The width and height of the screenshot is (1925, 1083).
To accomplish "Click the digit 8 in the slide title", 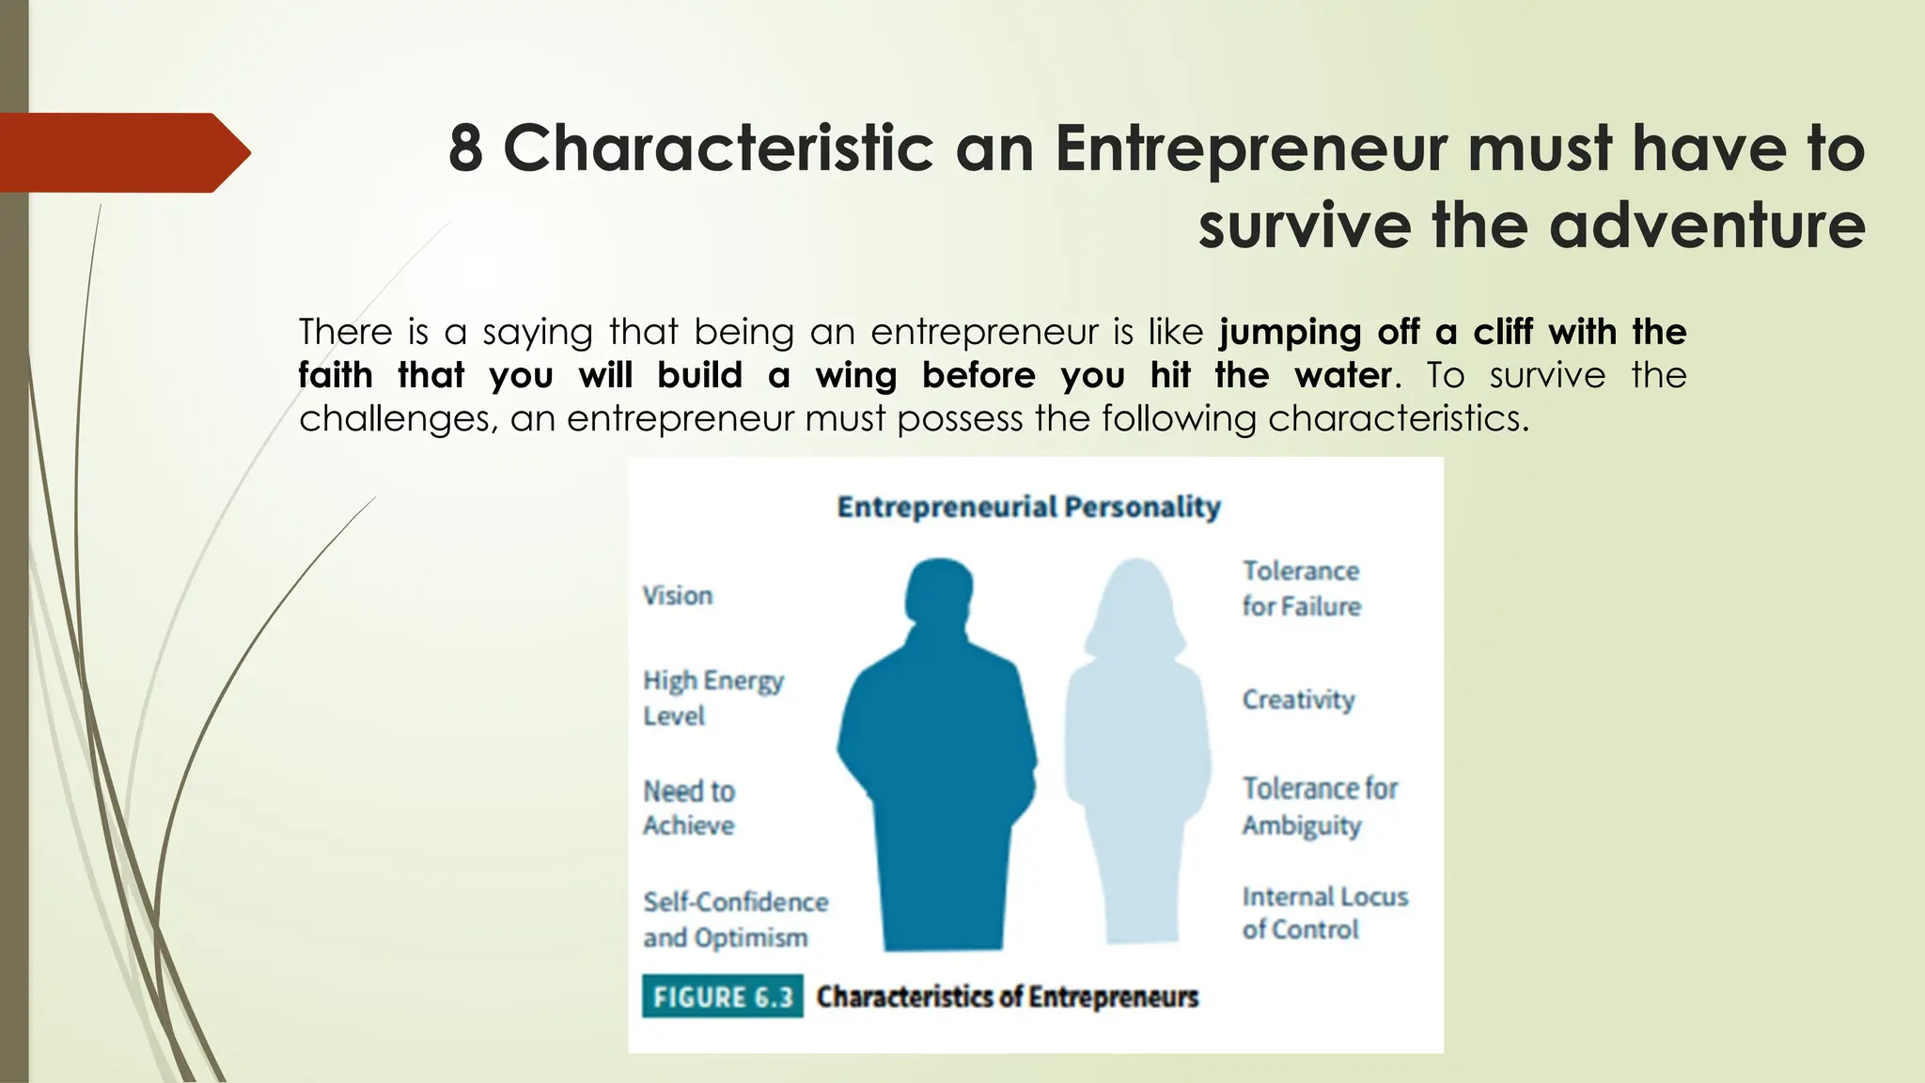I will [465, 149].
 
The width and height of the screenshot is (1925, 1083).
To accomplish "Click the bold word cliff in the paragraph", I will [1502, 332].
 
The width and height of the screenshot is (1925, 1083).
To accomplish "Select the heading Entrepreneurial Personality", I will [1028, 507].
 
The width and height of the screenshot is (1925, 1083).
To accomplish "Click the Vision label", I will [678, 595].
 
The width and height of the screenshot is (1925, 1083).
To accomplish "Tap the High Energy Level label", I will [712, 698].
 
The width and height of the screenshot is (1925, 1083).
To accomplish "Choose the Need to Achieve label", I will [689, 808].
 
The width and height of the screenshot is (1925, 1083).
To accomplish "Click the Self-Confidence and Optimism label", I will [735, 919].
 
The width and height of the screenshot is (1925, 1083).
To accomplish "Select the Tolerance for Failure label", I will [1301, 589].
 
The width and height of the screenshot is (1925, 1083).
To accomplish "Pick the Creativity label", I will [1298, 699].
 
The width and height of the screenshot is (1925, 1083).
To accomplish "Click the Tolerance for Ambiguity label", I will [1319, 807].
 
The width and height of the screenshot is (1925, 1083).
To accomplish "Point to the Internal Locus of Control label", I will [1323, 913].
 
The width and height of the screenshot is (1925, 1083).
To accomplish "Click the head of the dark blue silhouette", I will [939, 590].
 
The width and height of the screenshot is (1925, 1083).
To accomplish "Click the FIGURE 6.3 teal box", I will [722, 997].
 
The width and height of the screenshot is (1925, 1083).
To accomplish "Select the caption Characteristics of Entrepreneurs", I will [1007, 997].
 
